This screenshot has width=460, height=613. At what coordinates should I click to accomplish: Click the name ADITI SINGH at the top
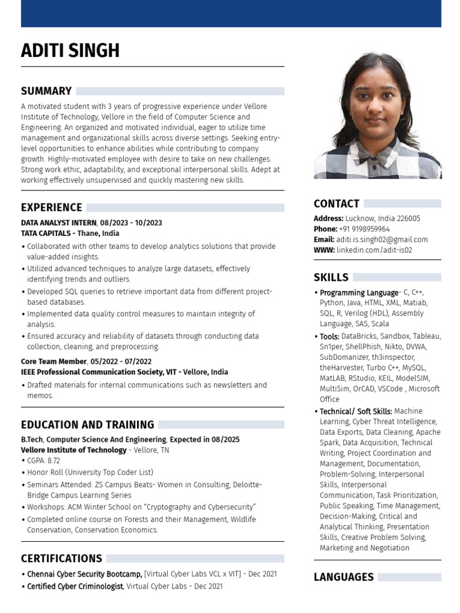pyautogui.click(x=70, y=51)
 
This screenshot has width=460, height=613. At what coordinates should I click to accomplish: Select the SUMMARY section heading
pyautogui.click(x=46, y=91)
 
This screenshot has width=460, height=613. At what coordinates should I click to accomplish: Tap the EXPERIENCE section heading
pyautogui.click(x=52, y=208)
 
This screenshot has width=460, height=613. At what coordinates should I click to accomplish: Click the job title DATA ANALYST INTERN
pyautogui.click(x=59, y=223)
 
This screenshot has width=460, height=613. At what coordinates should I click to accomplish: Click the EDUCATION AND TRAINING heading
pyautogui.click(x=87, y=425)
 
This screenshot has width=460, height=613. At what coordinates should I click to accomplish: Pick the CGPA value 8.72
pyautogui.click(x=53, y=461)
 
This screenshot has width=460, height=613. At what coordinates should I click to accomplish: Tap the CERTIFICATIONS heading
pyautogui.click(x=61, y=559)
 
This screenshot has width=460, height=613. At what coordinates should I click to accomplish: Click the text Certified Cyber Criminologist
pyautogui.click(x=75, y=586)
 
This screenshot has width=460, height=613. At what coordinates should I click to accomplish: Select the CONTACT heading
pyautogui.click(x=337, y=204)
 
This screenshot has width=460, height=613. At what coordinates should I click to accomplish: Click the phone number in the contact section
pyautogui.click(x=364, y=229)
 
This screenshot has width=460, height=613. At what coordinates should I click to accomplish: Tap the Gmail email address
pyautogui.click(x=382, y=239)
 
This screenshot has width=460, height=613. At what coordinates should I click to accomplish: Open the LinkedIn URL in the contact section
pyautogui.click(x=374, y=250)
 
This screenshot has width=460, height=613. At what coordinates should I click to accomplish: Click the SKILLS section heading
pyautogui.click(x=331, y=277)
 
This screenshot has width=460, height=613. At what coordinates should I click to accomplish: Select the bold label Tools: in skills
pyautogui.click(x=329, y=336)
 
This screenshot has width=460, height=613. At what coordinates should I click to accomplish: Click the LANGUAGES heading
pyautogui.click(x=344, y=577)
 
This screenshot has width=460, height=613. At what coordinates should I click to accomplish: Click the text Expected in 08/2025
pyautogui.click(x=205, y=439)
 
